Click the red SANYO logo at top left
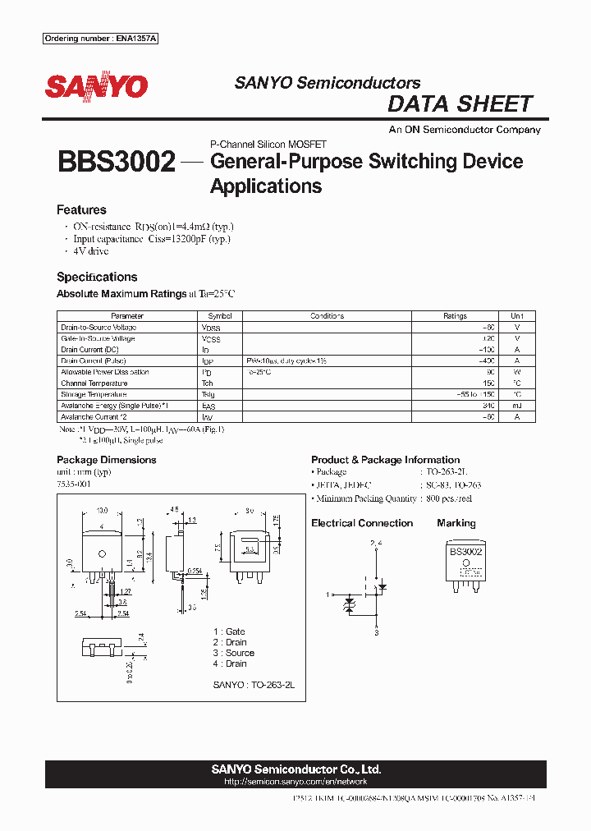(x=96, y=86)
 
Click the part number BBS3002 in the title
(x=116, y=162)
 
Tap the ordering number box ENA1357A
(x=100, y=39)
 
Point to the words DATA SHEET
(x=460, y=104)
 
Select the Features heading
(x=81, y=210)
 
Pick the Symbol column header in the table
(x=220, y=316)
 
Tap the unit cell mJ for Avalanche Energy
(x=516, y=406)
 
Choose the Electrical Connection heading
(x=362, y=523)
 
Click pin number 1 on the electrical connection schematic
(x=328, y=593)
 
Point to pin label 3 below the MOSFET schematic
(x=376, y=633)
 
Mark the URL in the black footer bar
(x=295, y=782)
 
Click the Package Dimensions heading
(x=106, y=460)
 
